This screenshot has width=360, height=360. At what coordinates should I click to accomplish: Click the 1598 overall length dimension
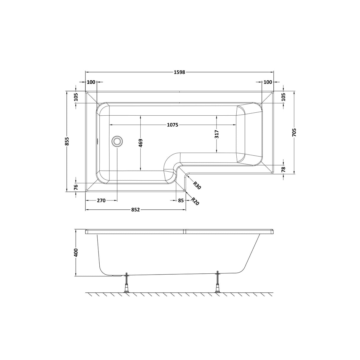point(179,72)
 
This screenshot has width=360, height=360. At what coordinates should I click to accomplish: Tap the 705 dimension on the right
point(294,132)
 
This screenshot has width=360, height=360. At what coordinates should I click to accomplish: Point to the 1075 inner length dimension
point(172,125)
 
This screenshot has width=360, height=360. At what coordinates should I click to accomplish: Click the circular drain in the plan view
point(117,141)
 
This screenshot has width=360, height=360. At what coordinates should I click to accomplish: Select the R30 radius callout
point(197,186)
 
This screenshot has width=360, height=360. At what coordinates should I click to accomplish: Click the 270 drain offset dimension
point(101,200)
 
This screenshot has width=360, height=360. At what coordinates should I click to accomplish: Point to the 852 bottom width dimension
point(135,210)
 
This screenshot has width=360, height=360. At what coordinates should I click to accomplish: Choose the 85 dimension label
point(181,200)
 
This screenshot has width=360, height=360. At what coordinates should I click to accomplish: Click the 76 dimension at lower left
point(76,187)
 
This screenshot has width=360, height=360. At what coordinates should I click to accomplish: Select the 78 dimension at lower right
point(283,169)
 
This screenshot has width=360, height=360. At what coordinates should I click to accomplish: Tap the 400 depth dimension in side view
point(76,252)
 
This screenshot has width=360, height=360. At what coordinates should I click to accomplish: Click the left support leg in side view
point(127,283)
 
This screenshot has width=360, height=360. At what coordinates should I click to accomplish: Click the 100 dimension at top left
point(91,82)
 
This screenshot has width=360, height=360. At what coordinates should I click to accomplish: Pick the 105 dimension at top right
point(283,97)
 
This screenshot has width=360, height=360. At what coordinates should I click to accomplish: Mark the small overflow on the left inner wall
point(96,141)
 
